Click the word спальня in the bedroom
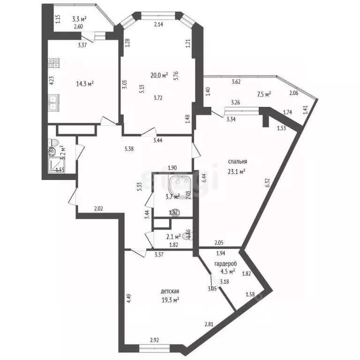tap(239, 162)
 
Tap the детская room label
tap(170, 291)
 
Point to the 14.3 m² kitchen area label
tap(85, 84)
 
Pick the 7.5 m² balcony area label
tap(264, 95)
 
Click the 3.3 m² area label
tap(79, 19)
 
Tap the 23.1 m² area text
tap(237, 172)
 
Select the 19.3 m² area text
tap(170, 300)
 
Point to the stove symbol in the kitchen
tap(53, 62)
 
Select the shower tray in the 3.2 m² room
tap(56, 164)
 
